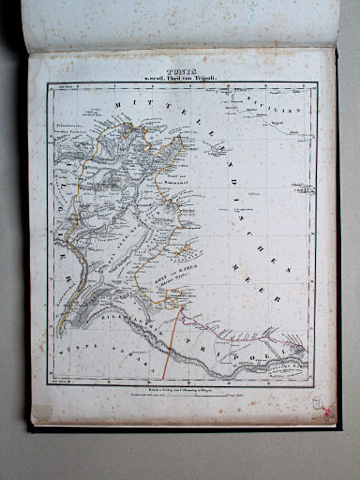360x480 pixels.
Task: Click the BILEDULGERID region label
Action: click(131, 324)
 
